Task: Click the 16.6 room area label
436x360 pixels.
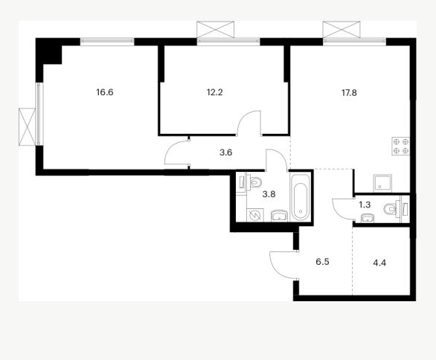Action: pyautogui.click(x=105, y=92)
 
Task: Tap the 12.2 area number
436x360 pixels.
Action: pyautogui.click(x=215, y=92)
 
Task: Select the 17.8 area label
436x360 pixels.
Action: pyautogui.click(x=349, y=92)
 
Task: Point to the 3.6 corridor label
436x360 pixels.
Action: pyautogui.click(x=225, y=152)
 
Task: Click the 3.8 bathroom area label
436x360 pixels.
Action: pyautogui.click(x=269, y=194)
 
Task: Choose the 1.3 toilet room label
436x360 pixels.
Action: pyautogui.click(x=365, y=205)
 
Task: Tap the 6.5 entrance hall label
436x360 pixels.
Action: pyautogui.click(x=323, y=262)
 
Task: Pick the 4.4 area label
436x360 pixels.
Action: pyautogui.click(x=379, y=263)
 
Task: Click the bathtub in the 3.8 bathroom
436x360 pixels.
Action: pyautogui.click(x=300, y=197)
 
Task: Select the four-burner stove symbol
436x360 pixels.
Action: pyautogui.click(x=401, y=147)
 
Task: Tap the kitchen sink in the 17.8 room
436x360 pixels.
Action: pyautogui.click(x=382, y=183)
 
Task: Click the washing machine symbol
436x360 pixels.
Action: pyautogui.click(x=254, y=216)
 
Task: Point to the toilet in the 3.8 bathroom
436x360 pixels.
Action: pyautogui.click(x=254, y=183)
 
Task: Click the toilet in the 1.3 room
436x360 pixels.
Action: pyautogui.click(x=391, y=209)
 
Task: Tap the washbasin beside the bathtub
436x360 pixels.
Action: pyautogui.click(x=279, y=216)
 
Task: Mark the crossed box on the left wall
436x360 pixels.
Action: pyautogui.click(x=27, y=126)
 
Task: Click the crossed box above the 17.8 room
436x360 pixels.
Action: pyautogui.click(x=342, y=30)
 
